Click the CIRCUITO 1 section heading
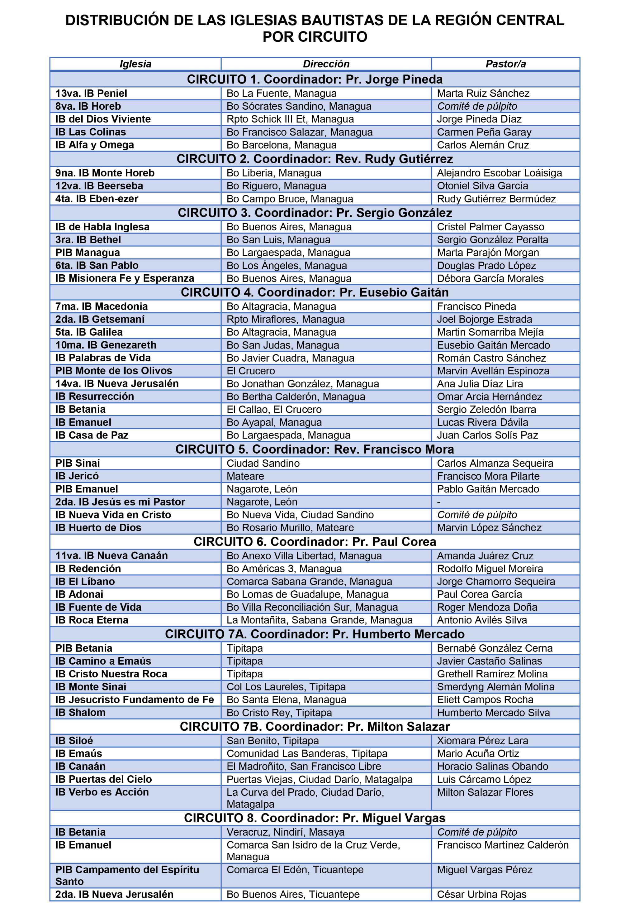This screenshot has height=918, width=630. click(x=315, y=79)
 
